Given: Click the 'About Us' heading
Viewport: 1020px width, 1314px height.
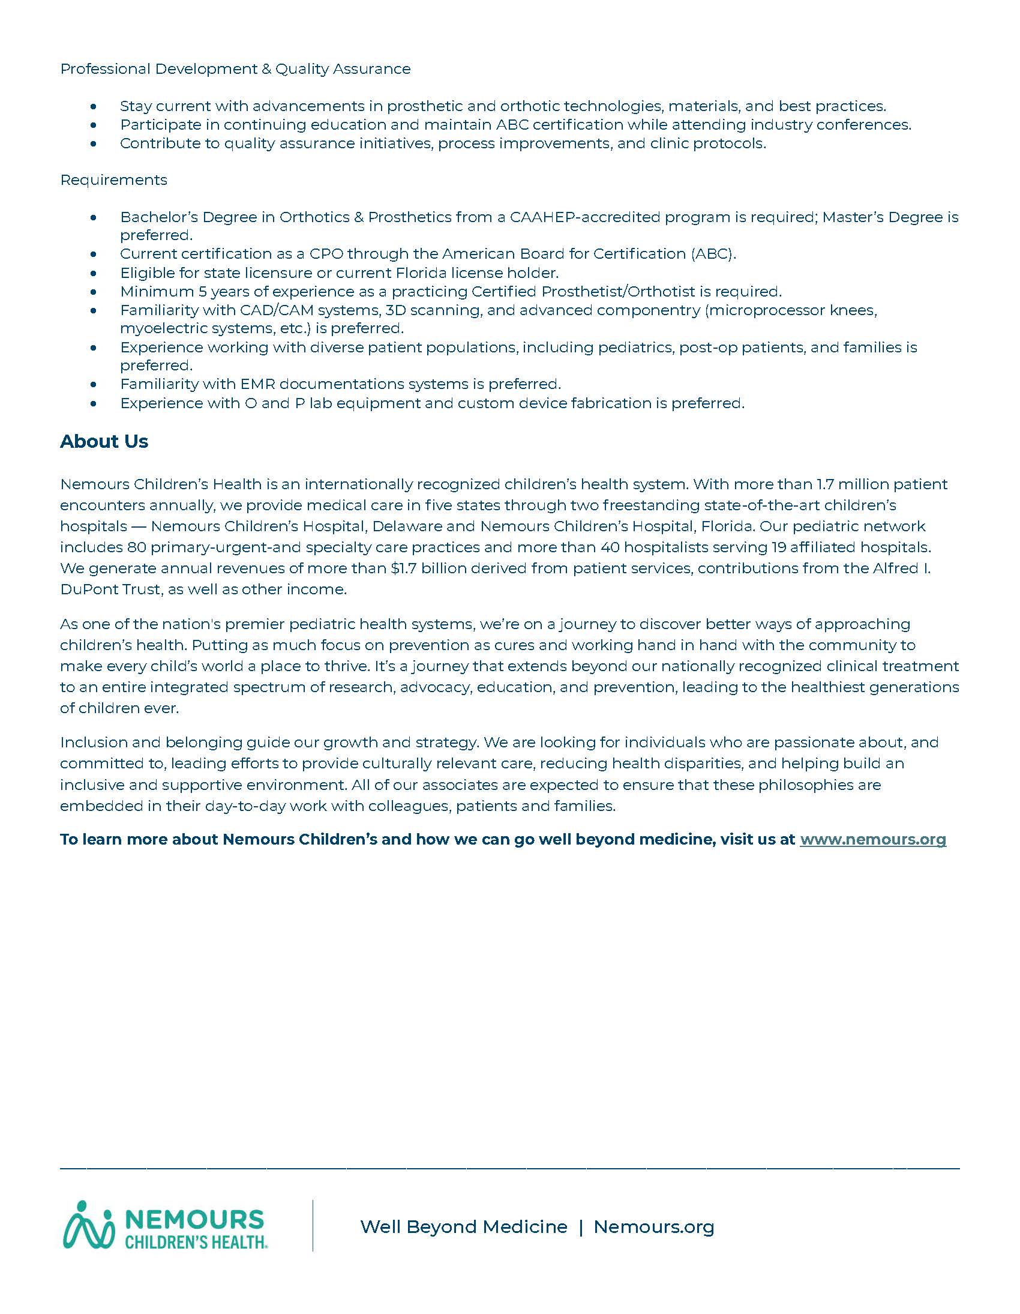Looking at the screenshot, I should pyautogui.click(x=103, y=442).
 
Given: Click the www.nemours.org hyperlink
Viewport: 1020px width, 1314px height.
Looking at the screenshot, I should pyautogui.click(x=872, y=839).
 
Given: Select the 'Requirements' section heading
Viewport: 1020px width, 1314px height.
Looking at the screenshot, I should pyautogui.click(x=113, y=180).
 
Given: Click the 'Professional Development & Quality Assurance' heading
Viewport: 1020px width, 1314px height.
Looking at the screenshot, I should pyautogui.click(x=235, y=69).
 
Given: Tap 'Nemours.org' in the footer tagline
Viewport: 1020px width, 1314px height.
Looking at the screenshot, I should pyautogui.click(x=654, y=1227).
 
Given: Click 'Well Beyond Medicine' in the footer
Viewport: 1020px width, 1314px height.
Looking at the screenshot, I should pyautogui.click(x=464, y=1227).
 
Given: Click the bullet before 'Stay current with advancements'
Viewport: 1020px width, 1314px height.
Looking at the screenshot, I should pyautogui.click(x=93, y=107).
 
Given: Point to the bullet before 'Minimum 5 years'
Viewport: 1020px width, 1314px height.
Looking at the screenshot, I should pyautogui.click(x=93, y=292).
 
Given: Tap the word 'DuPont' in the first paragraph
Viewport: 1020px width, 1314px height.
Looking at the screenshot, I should pyautogui.click(x=83, y=589).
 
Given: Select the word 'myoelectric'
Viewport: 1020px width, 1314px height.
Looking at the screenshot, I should pyautogui.click(x=157, y=328).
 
